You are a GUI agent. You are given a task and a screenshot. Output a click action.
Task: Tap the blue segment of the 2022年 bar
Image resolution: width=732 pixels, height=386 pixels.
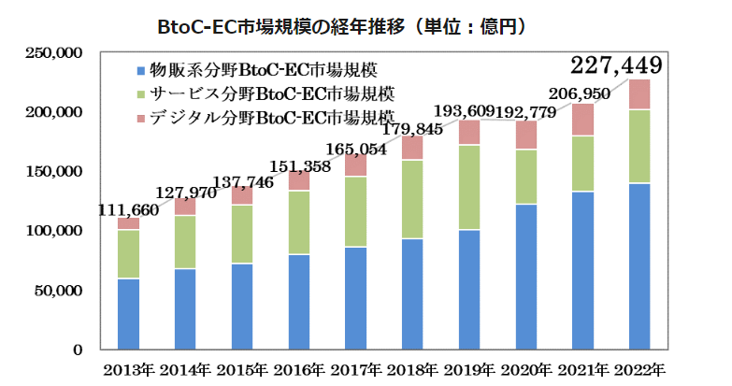(x=639, y=266)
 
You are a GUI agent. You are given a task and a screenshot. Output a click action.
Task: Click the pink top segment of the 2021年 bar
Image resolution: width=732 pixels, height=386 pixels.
(x=582, y=120)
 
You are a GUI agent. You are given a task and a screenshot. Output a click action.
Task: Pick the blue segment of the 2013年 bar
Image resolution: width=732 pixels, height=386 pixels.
(x=129, y=313)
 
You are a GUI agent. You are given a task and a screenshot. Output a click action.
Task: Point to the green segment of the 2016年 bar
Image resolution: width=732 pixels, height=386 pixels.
(x=299, y=222)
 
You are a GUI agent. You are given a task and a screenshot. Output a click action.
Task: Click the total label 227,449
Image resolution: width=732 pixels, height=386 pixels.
(x=616, y=65)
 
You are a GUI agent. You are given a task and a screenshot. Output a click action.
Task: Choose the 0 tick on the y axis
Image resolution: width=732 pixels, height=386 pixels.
(x=79, y=350)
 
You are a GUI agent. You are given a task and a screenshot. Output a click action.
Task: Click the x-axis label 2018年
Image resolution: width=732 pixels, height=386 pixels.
(x=412, y=368)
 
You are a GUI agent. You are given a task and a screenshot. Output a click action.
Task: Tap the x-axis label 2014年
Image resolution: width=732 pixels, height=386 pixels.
(x=185, y=368)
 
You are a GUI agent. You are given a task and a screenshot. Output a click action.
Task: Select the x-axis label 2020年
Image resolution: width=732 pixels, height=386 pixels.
(x=525, y=368)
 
